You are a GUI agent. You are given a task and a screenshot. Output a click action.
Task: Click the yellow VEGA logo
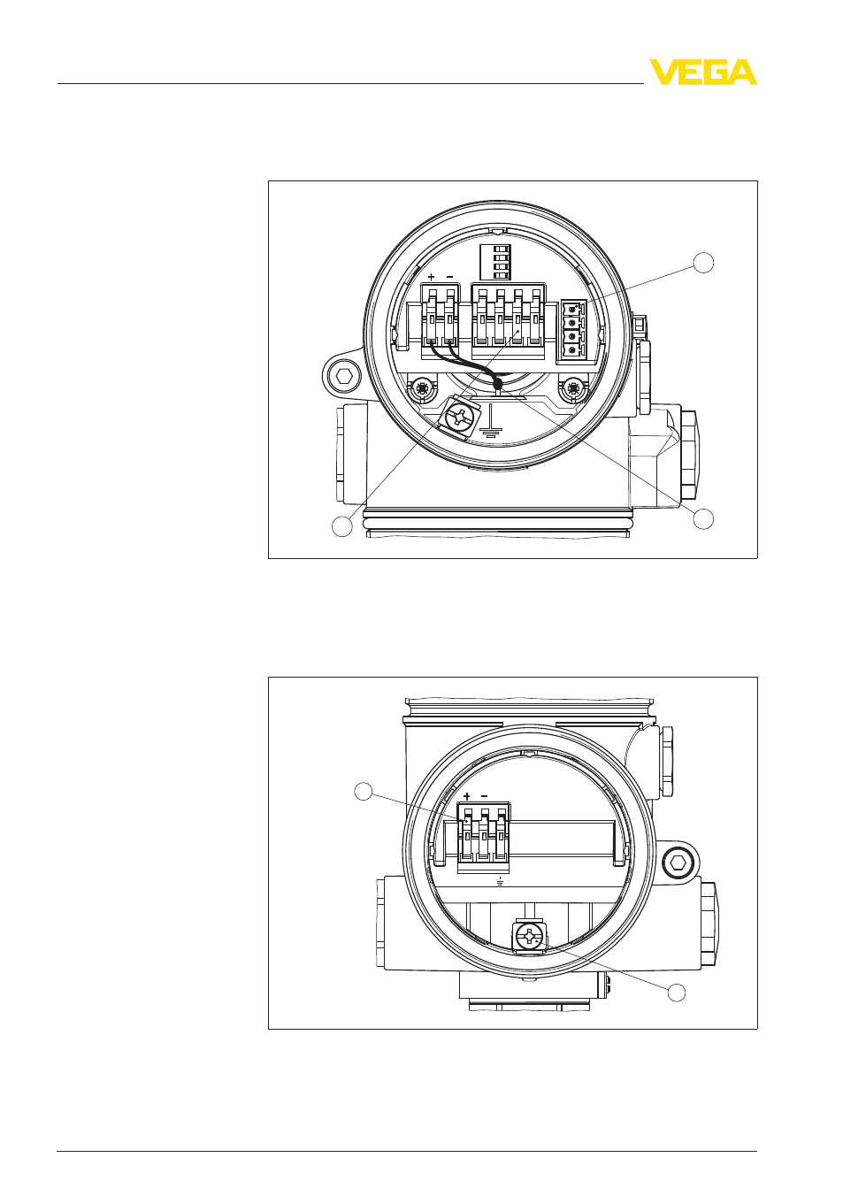pyautogui.click(x=702, y=72)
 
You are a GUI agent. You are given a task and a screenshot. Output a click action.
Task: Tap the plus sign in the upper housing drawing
pyautogui.click(x=432, y=277)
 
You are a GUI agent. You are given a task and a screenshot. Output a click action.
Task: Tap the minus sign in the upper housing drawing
pyautogui.click(x=449, y=277)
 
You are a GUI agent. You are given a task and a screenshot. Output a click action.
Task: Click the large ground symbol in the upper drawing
pyautogui.click(x=488, y=424)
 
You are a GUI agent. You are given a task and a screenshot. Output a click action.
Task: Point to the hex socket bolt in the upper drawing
pyautogui.click(x=341, y=376)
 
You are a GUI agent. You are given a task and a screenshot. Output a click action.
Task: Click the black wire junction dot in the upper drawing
pyautogui.click(x=498, y=385)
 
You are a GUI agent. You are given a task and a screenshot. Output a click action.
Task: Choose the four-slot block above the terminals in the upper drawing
pyautogui.click(x=492, y=262)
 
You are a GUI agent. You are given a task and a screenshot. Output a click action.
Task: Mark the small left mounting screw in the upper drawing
pyautogui.click(x=422, y=387)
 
